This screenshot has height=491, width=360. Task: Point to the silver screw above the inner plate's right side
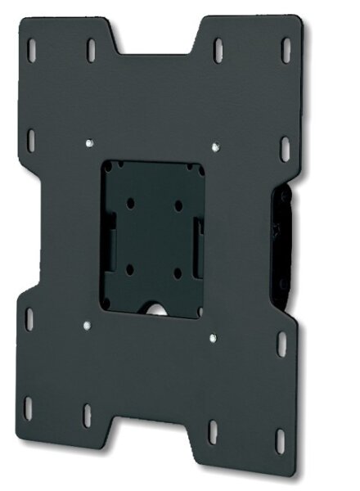coord(215,148)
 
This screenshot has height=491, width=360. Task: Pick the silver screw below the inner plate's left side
coord(87,326)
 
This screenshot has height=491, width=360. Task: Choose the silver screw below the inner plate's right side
coord(212,336)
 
